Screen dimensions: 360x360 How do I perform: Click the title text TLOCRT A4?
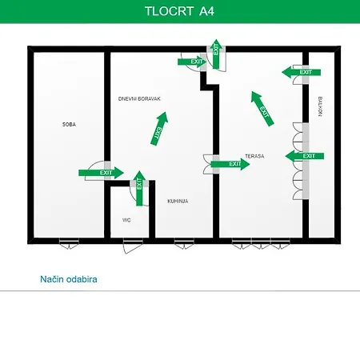179,11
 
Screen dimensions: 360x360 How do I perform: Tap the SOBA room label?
69,124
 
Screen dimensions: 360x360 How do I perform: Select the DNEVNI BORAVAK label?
139,98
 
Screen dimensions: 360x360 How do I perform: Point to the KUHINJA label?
178,201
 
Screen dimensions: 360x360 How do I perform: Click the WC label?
126,220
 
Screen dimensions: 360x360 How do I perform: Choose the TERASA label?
254,156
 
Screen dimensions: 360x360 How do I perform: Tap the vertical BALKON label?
320,106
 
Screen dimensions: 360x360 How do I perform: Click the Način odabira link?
69,279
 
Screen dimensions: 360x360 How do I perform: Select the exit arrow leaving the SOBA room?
101,173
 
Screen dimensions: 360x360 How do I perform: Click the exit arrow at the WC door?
139,188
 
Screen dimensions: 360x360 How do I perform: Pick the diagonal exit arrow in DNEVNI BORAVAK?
159,129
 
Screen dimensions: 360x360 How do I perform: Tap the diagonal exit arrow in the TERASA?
262,109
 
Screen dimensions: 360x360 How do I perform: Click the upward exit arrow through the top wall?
216,54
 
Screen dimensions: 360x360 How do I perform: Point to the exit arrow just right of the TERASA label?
305,156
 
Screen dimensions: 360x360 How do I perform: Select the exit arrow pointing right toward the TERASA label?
230,164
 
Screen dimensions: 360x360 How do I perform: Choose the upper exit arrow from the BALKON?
301,72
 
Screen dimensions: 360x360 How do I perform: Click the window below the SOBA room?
69,243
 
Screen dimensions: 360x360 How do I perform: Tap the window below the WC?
133,245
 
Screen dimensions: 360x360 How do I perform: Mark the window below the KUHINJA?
184,243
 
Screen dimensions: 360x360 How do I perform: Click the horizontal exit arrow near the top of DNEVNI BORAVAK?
192,62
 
